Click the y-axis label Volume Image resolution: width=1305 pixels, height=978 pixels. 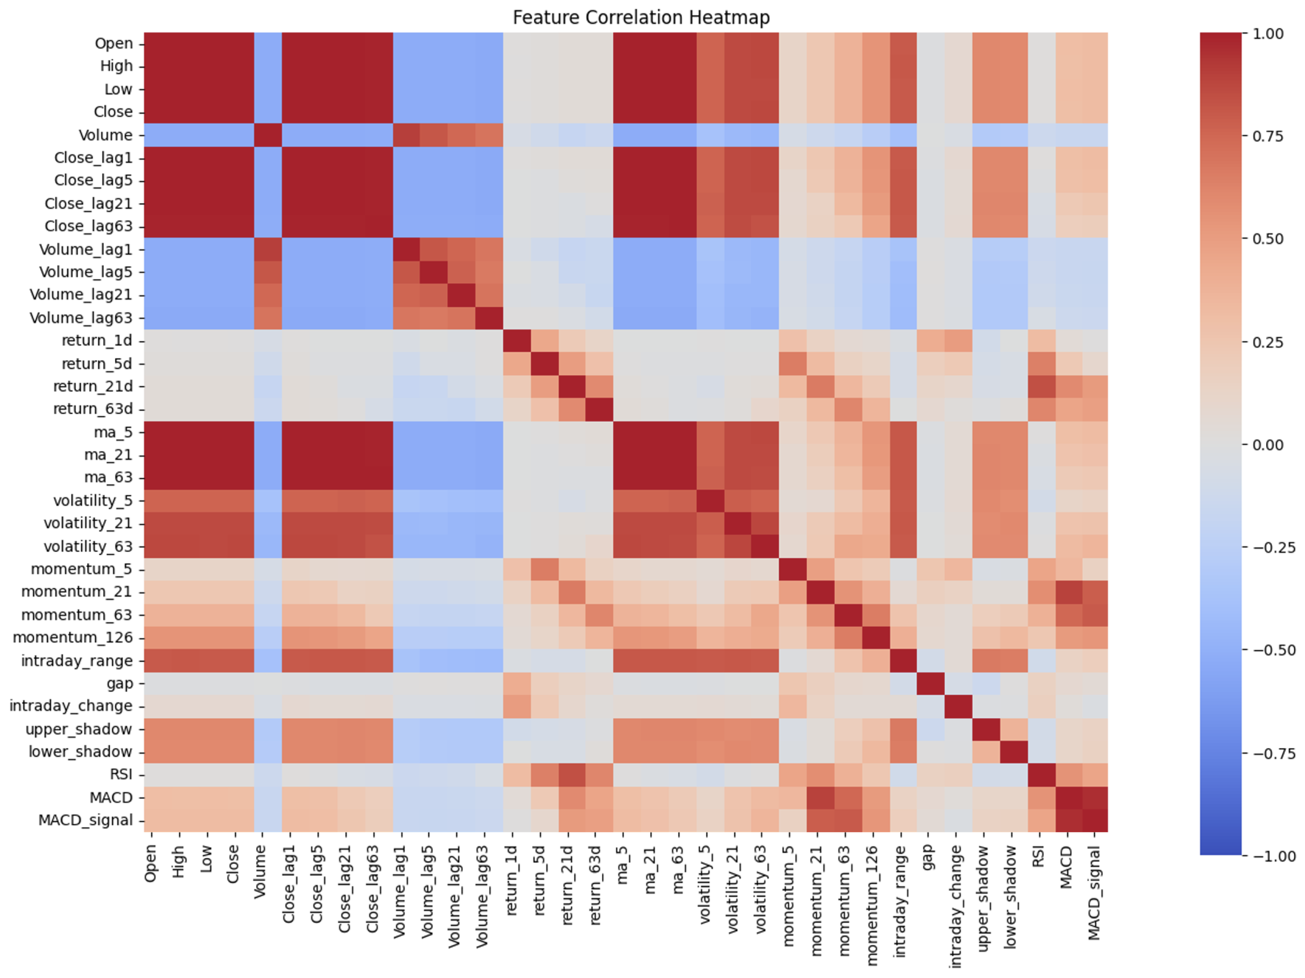(106, 135)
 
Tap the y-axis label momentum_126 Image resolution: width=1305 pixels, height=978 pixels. (73, 638)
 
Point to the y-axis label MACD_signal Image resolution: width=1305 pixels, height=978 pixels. (85, 821)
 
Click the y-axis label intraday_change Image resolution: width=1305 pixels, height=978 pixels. (71, 706)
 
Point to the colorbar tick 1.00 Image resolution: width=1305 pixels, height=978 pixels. (1268, 34)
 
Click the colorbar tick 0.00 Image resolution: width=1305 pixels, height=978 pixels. (1268, 445)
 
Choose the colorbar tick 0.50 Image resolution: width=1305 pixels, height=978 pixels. (1268, 239)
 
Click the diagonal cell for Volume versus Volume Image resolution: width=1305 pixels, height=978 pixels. (268, 135)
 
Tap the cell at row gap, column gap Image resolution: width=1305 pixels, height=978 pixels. (930, 683)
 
